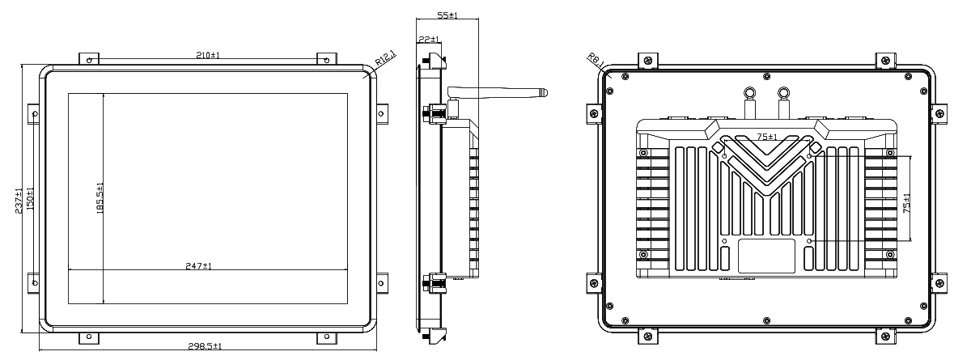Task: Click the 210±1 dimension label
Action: (x=208, y=56)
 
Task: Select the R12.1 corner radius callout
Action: (x=385, y=58)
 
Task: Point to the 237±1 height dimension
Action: (x=19, y=201)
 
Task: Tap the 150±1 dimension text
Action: (x=30, y=199)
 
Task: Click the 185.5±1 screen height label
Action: (x=100, y=198)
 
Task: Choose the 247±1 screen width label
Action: (x=198, y=266)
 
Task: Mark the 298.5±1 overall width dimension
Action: (x=205, y=346)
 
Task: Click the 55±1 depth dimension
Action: (x=447, y=15)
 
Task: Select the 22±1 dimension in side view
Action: (x=429, y=40)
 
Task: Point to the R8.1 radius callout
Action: (x=596, y=60)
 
